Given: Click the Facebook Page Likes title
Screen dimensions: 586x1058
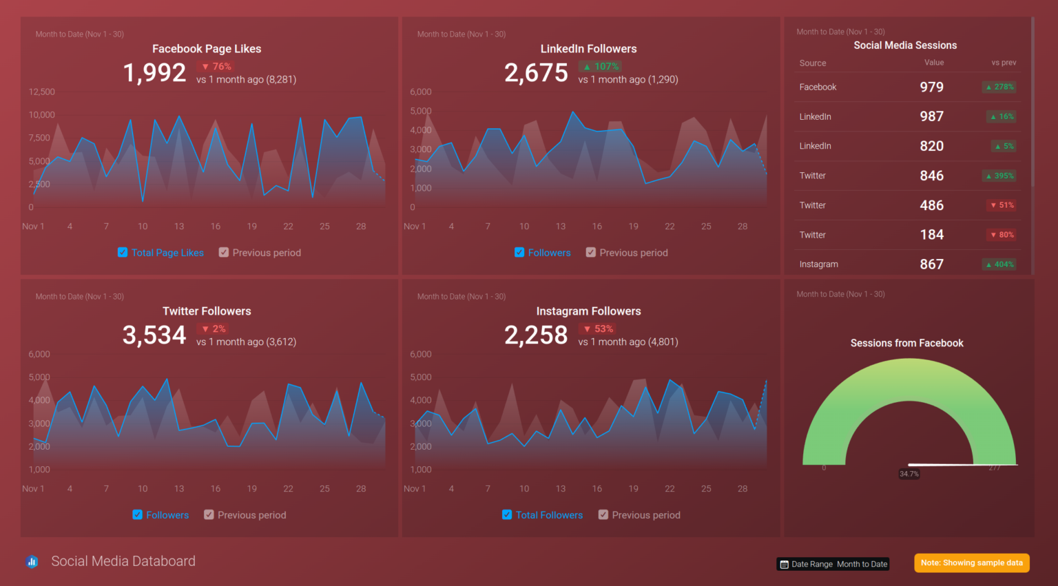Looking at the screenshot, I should tap(207, 49).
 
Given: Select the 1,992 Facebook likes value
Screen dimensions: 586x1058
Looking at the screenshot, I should tap(154, 73).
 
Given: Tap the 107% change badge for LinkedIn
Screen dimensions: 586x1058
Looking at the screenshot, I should tap(600, 67).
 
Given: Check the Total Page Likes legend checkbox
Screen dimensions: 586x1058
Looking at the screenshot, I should tap(123, 253).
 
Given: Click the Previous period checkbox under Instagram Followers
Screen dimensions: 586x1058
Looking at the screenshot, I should tap(603, 515).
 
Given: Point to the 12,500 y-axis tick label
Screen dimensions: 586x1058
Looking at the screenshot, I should tap(42, 92).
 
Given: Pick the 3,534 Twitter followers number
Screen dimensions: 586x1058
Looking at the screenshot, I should tap(154, 335).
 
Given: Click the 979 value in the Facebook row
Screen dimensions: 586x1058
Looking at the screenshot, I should tap(931, 87).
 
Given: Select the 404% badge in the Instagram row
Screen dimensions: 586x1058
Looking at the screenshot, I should tap(999, 264).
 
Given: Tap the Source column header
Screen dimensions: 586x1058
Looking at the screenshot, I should tap(813, 63).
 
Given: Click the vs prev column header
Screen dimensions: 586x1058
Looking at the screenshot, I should tap(1004, 63).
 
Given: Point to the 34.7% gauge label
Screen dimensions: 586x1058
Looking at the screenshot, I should tap(909, 474).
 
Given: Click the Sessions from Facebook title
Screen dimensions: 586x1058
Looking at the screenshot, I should tap(906, 343).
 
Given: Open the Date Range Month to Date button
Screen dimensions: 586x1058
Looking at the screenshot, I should tap(833, 564).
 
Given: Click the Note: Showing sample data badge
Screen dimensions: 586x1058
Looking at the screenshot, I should tap(971, 563).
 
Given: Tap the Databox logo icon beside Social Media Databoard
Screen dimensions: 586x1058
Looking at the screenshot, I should tap(32, 562).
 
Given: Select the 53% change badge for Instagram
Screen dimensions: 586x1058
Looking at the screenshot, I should tap(598, 329).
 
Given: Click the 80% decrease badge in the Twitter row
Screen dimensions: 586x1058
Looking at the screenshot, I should tap(1002, 235).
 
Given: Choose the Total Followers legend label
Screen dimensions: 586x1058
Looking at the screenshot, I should tap(549, 515).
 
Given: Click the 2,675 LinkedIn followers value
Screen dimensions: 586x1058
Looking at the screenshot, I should tap(536, 73).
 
